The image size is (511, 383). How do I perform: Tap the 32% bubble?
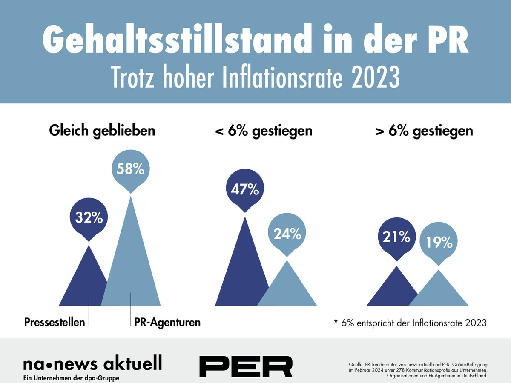point(89,218)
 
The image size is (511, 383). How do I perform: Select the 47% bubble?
point(245,189)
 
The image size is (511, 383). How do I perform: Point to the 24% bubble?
point(287,233)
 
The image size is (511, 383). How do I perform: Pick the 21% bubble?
point(396,237)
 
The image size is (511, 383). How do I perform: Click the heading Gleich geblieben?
point(102,131)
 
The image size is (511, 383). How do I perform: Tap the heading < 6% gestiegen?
point(264,131)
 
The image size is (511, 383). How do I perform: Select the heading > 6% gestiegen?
point(425,131)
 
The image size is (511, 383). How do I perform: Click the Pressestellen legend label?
point(55,322)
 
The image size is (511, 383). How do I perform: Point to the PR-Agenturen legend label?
point(167,322)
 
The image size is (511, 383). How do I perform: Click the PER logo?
point(246,366)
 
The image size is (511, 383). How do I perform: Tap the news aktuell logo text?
point(93,364)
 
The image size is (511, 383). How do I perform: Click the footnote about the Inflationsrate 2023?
point(410,323)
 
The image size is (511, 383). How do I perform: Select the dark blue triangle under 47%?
point(241,272)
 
